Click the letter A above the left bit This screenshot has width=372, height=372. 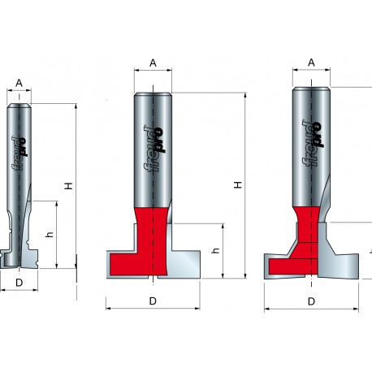(19, 83)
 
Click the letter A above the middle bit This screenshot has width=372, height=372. (153, 63)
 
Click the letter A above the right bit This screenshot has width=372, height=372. (311, 63)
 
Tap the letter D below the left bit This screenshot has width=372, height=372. (19, 283)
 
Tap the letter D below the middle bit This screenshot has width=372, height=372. (153, 301)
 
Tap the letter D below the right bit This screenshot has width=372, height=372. (311, 301)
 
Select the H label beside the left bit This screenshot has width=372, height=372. (69, 186)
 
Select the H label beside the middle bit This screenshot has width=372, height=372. (238, 185)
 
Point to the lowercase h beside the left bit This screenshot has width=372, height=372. (50, 235)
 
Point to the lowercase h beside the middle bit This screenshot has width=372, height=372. (215, 250)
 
